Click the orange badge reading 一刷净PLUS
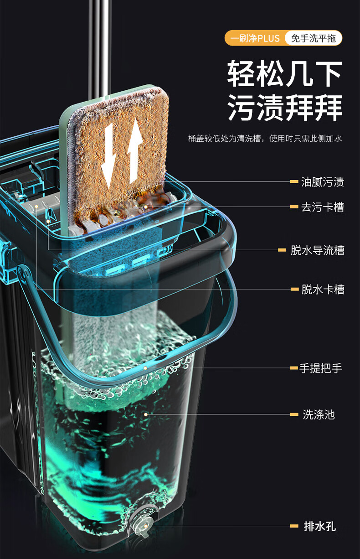pos(254,38)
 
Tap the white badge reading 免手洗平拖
pos(313,38)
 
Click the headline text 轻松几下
pos(285,74)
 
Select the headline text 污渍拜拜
pos(285,108)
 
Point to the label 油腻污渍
pos(322,182)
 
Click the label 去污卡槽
pos(322,207)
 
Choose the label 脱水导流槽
pos(317,250)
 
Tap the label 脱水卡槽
pos(322,289)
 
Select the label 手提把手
pos(321,368)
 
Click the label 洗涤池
pos(319,414)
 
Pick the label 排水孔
pos(320,526)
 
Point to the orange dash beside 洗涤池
pos(294,414)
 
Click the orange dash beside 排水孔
pos(294,526)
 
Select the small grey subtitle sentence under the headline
pos(265,138)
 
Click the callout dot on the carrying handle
pos(145,367)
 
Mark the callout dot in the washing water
pos(145,414)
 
